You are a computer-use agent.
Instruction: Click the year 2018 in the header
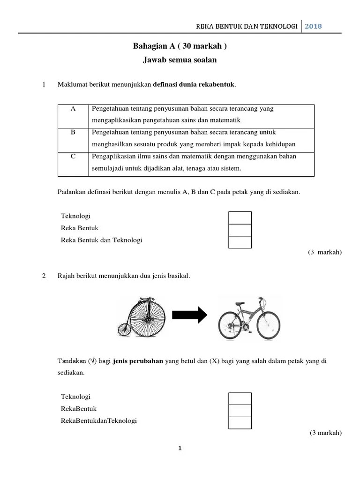pyautogui.click(x=314, y=26)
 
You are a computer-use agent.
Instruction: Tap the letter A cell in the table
pyautogui.click(x=73, y=109)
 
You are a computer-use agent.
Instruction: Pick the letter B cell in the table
pyautogui.click(x=73, y=133)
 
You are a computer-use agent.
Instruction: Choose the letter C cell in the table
pyautogui.click(x=73, y=157)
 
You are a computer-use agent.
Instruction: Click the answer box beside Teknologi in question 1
pyautogui.click(x=240, y=217)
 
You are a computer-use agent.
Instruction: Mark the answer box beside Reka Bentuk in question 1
pyautogui.click(x=240, y=230)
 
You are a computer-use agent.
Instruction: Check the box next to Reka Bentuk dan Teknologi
pyautogui.click(x=240, y=242)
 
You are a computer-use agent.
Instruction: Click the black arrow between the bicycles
pyautogui.click(x=189, y=315)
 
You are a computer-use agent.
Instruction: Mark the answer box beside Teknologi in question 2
pyautogui.click(x=240, y=398)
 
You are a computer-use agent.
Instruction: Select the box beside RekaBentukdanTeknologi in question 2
pyautogui.click(x=240, y=422)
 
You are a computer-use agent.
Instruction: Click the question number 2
pyautogui.click(x=44, y=276)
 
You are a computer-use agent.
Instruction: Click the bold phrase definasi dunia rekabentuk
pyautogui.click(x=195, y=85)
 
